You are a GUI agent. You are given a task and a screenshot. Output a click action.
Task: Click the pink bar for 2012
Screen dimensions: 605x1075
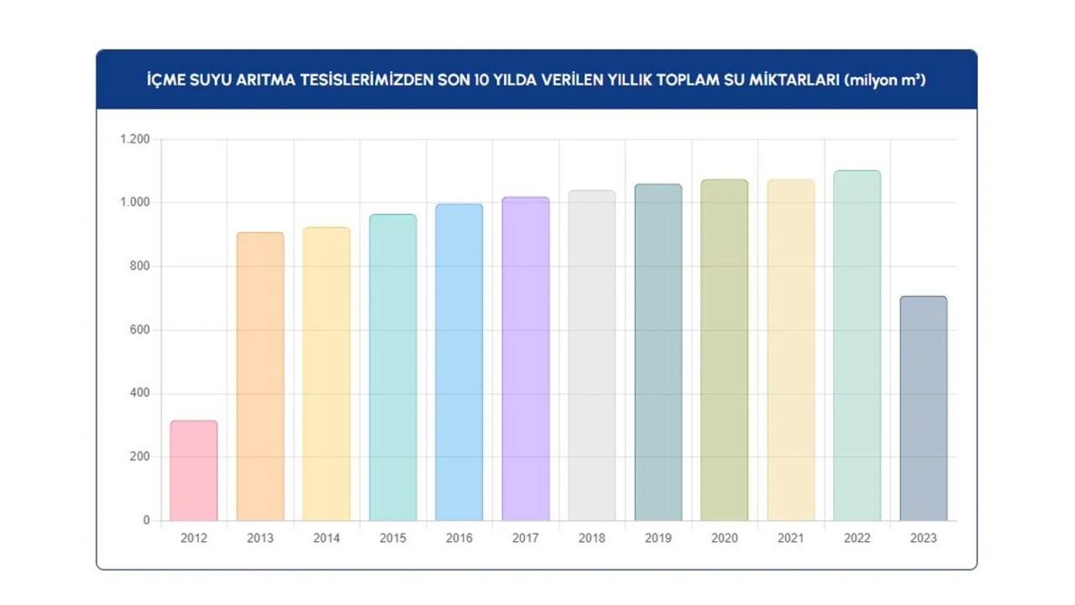click(193, 471)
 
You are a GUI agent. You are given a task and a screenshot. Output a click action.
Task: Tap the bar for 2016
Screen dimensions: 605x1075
click(459, 362)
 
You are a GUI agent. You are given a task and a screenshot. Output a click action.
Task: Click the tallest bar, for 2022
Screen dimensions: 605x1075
click(857, 345)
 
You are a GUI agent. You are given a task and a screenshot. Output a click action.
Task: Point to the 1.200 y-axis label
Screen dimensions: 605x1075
click(134, 139)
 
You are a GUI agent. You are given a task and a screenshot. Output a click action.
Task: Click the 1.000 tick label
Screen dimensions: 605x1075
click(134, 203)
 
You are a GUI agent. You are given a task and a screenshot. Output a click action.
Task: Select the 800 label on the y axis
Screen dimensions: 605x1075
click(139, 266)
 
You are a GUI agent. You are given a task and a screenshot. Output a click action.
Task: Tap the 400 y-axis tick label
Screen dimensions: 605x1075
click(139, 393)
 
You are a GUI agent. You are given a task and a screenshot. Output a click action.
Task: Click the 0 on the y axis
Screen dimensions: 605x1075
click(146, 521)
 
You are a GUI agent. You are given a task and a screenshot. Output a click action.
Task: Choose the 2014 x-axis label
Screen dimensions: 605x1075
click(327, 539)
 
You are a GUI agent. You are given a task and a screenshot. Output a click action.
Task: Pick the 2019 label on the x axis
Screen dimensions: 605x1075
click(658, 539)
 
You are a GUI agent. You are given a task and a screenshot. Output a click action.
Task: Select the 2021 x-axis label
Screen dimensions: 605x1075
click(790, 539)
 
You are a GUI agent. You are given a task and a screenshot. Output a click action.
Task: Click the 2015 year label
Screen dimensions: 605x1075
click(392, 539)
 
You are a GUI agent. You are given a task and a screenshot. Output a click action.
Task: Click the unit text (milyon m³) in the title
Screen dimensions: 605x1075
click(885, 81)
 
